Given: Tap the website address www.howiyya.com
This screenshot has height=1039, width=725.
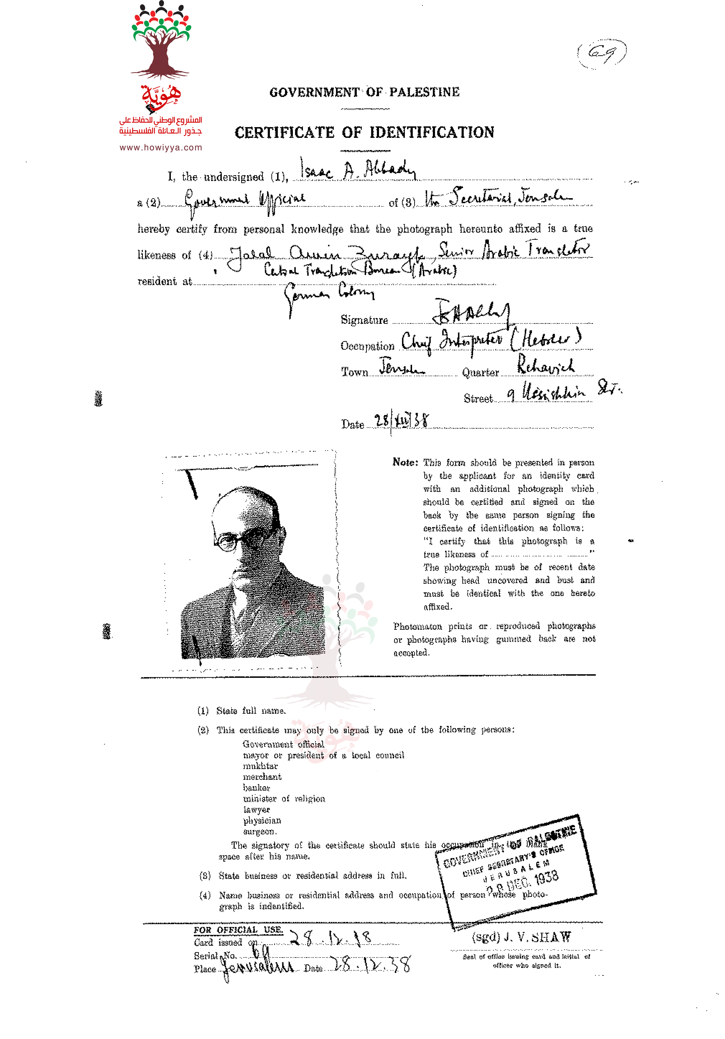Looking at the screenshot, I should [x=160, y=147].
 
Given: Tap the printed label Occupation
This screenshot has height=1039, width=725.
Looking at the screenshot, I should [x=367, y=346].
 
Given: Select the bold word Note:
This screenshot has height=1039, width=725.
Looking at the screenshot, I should [x=405, y=462].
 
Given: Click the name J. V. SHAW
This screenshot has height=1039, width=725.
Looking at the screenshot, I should [x=537, y=937].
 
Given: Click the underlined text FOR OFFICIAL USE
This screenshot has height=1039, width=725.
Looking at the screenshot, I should [x=238, y=930].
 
